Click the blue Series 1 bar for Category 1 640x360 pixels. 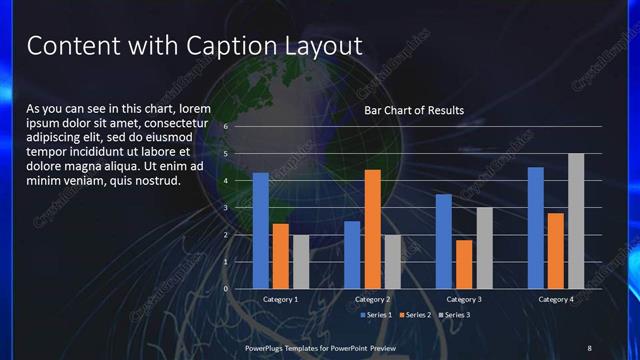[260, 231]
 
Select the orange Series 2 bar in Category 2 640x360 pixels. [372, 229]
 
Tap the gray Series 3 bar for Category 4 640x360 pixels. [576, 221]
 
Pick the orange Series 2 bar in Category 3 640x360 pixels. [464, 264]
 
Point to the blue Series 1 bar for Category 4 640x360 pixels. [535, 228]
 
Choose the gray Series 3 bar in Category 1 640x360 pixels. [301, 262]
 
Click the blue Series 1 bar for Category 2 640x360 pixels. [352, 255]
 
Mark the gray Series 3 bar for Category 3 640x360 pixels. [484, 248]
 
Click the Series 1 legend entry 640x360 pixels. [377, 315]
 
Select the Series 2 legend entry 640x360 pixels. [415, 315]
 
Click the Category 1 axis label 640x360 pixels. [280, 299]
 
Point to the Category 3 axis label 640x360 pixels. [464, 299]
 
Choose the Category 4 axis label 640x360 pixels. [555, 299]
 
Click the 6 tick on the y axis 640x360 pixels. [227, 127]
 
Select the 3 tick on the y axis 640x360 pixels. [227, 208]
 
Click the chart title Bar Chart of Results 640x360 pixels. [414, 110]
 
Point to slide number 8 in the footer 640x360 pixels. [589, 347]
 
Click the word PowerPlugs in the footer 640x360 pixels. [267, 347]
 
